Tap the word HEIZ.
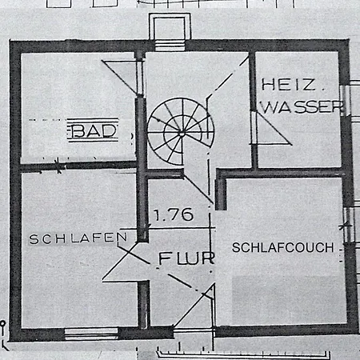pos(289,85)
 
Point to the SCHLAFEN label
pos(78,238)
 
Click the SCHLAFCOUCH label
pos(283,247)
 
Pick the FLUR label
pos(186,258)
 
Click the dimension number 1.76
pos(174,214)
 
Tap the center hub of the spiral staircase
pos(182,133)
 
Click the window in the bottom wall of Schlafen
pos(91,334)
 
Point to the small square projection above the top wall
pos(170,26)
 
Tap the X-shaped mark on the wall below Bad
pos(58,166)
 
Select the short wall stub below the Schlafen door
pos(144,304)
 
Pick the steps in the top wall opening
pos(170,46)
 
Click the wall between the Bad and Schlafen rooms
pos(78,166)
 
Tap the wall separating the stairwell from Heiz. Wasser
pos(254,110)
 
